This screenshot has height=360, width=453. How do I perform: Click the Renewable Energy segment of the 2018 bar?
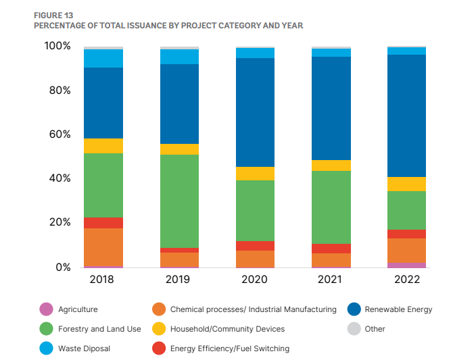[x=103, y=103]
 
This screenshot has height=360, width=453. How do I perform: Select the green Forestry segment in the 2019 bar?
[x=179, y=201]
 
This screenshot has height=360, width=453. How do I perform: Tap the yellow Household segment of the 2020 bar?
[x=255, y=174]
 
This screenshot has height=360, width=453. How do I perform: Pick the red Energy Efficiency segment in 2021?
[x=331, y=249]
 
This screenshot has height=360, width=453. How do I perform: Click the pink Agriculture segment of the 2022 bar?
[x=406, y=265]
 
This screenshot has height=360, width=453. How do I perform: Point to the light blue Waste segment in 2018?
[x=103, y=58]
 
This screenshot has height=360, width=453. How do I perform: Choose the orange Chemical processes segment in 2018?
[x=103, y=247]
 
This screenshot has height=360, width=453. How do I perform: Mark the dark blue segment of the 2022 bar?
[x=406, y=115]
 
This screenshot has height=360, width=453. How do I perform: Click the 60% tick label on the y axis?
[x=59, y=134]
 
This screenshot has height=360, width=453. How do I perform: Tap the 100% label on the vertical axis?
[x=57, y=46]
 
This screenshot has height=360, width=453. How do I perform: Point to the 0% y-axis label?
[x=64, y=267]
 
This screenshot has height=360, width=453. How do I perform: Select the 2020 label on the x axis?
[x=254, y=279]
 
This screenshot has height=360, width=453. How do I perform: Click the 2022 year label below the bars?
[x=407, y=279]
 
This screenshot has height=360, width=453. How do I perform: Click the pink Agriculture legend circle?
[x=46, y=309]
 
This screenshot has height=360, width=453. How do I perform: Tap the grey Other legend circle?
[x=354, y=328]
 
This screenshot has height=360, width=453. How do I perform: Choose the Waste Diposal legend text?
[x=84, y=349]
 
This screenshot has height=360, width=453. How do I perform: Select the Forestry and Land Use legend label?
[x=99, y=329]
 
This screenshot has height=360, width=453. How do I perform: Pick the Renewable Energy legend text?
[x=398, y=309]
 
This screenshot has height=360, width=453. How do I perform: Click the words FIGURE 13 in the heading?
[x=53, y=16]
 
